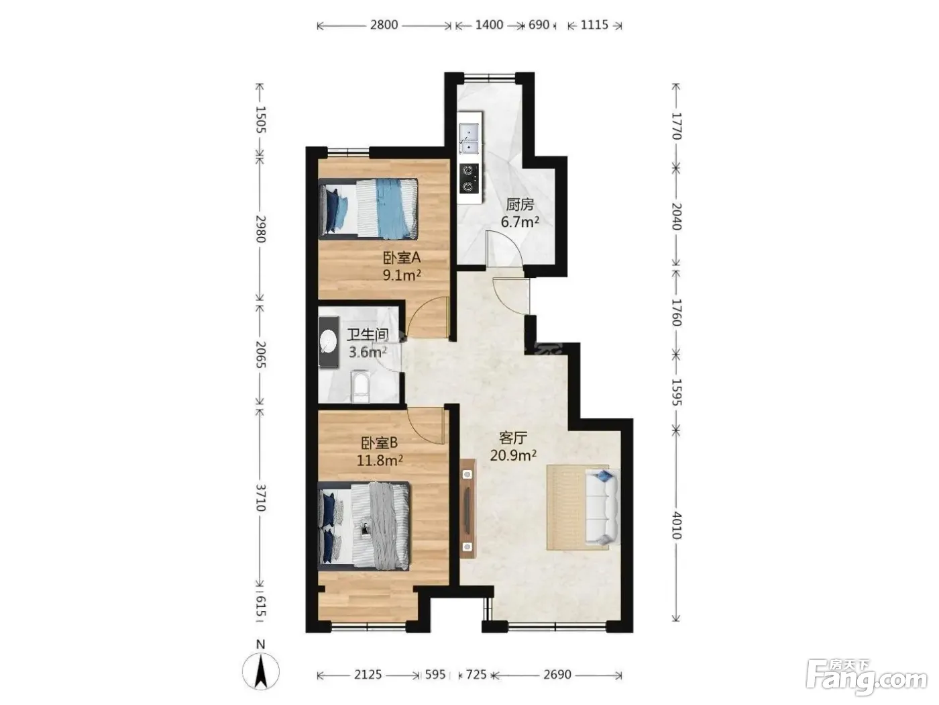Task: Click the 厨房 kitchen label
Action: click(520, 205)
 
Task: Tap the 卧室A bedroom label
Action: click(402, 258)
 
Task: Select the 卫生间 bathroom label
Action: click(368, 335)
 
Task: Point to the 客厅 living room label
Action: click(513, 438)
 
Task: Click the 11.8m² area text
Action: click(380, 461)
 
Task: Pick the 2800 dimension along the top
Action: click(384, 25)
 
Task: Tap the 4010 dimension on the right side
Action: click(676, 525)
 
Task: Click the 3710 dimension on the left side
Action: click(260, 498)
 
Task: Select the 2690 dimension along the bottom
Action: click(557, 675)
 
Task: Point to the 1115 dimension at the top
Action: click(594, 25)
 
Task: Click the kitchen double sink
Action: click(469, 138)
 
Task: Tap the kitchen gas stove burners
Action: click(469, 178)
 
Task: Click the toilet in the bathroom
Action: click(360, 387)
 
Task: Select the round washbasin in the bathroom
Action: click(329, 342)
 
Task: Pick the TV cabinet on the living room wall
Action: click(467, 508)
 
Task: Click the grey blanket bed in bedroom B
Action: click(364, 526)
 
